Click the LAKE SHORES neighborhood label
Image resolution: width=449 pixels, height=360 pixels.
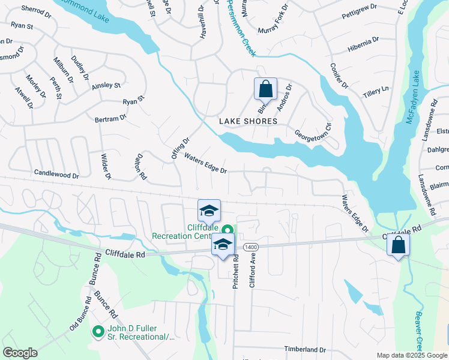[248, 121]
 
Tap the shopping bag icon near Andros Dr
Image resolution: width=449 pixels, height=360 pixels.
[265, 90]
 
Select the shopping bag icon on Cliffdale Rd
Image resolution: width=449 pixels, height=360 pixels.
[397, 245]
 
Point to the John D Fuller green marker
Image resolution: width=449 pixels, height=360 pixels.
[98, 331]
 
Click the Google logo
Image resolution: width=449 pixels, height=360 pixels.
[20, 353]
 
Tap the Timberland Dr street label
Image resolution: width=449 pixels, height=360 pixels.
[305, 349]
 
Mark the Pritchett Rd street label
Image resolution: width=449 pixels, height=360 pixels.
[236, 272]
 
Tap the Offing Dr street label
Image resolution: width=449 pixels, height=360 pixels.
[181, 148]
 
